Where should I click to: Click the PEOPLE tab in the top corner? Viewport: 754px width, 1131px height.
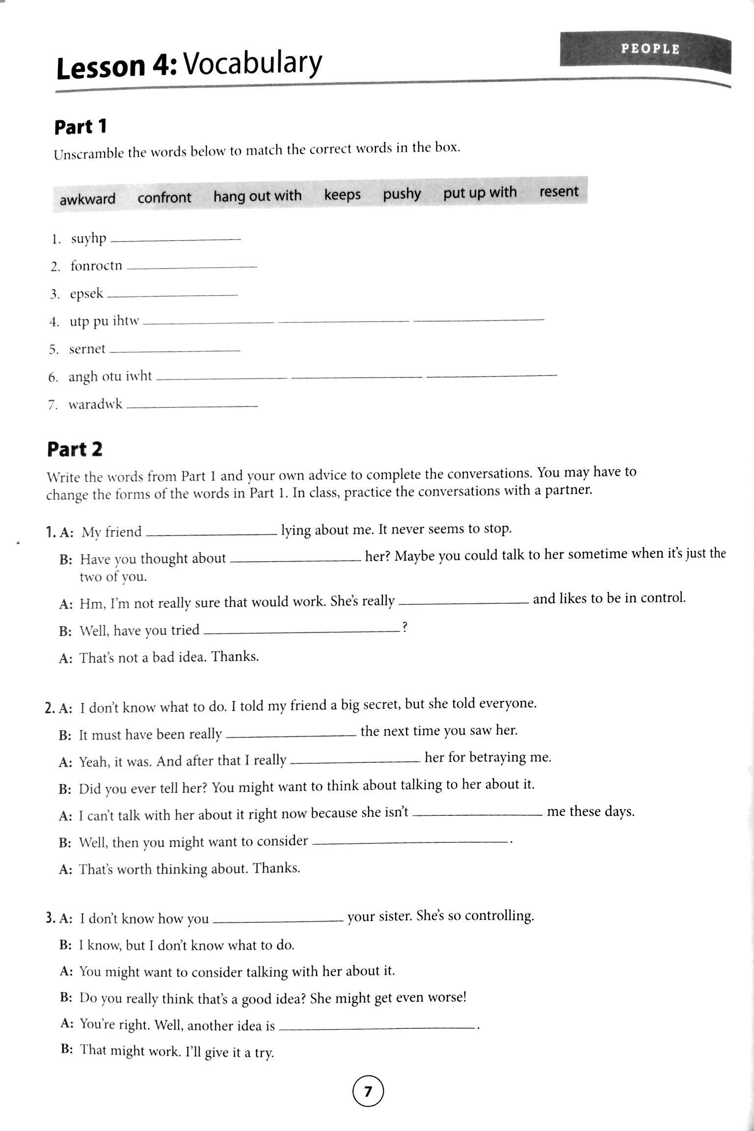pyautogui.click(x=649, y=49)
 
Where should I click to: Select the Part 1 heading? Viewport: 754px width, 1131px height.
pyautogui.click(x=81, y=127)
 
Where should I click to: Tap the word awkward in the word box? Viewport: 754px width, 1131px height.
pyautogui.click(x=87, y=199)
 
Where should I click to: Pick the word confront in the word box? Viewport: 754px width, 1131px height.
pyautogui.click(x=164, y=198)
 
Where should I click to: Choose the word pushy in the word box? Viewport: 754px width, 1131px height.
pyautogui.click(x=402, y=194)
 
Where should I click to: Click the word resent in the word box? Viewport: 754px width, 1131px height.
pyautogui.click(x=559, y=191)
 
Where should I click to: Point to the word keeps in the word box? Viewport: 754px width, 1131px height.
pyautogui.click(x=342, y=195)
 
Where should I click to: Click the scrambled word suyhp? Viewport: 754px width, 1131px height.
pyautogui.click(x=88, y=239)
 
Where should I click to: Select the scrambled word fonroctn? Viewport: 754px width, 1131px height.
pyautogui.click(x=96, y=266)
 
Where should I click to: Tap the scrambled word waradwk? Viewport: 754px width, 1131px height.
pyautogui.click(x=95, y=405)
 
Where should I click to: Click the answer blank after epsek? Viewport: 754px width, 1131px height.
pyautogui.click(x=172, y=295)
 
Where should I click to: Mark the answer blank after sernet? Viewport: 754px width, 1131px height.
pyautogui.click(x=175, y=350)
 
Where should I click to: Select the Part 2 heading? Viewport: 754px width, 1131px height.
pyautogui.click(x=75, y=449)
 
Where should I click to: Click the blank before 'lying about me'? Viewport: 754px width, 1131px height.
pyautogui.click(x=212, y=533)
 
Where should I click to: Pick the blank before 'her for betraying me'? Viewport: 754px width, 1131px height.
pyautogui.click(x=355, y=761)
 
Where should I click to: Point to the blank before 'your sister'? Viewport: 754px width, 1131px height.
pyautogui.click(x=278, y=920)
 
